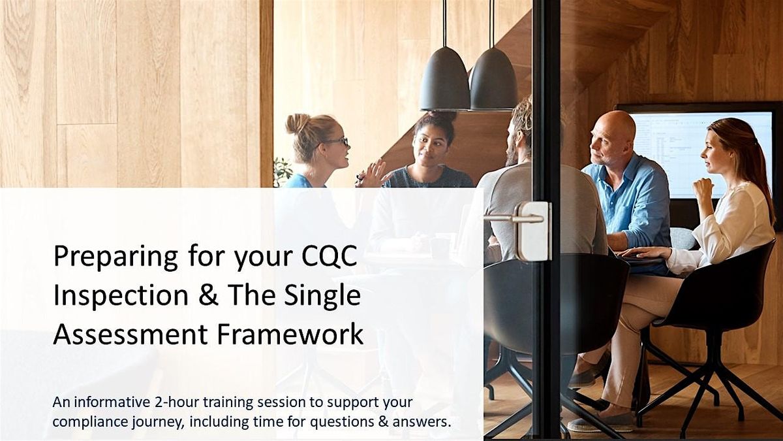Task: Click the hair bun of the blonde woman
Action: tap(298, 123)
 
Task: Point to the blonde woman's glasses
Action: tap(336, 142)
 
